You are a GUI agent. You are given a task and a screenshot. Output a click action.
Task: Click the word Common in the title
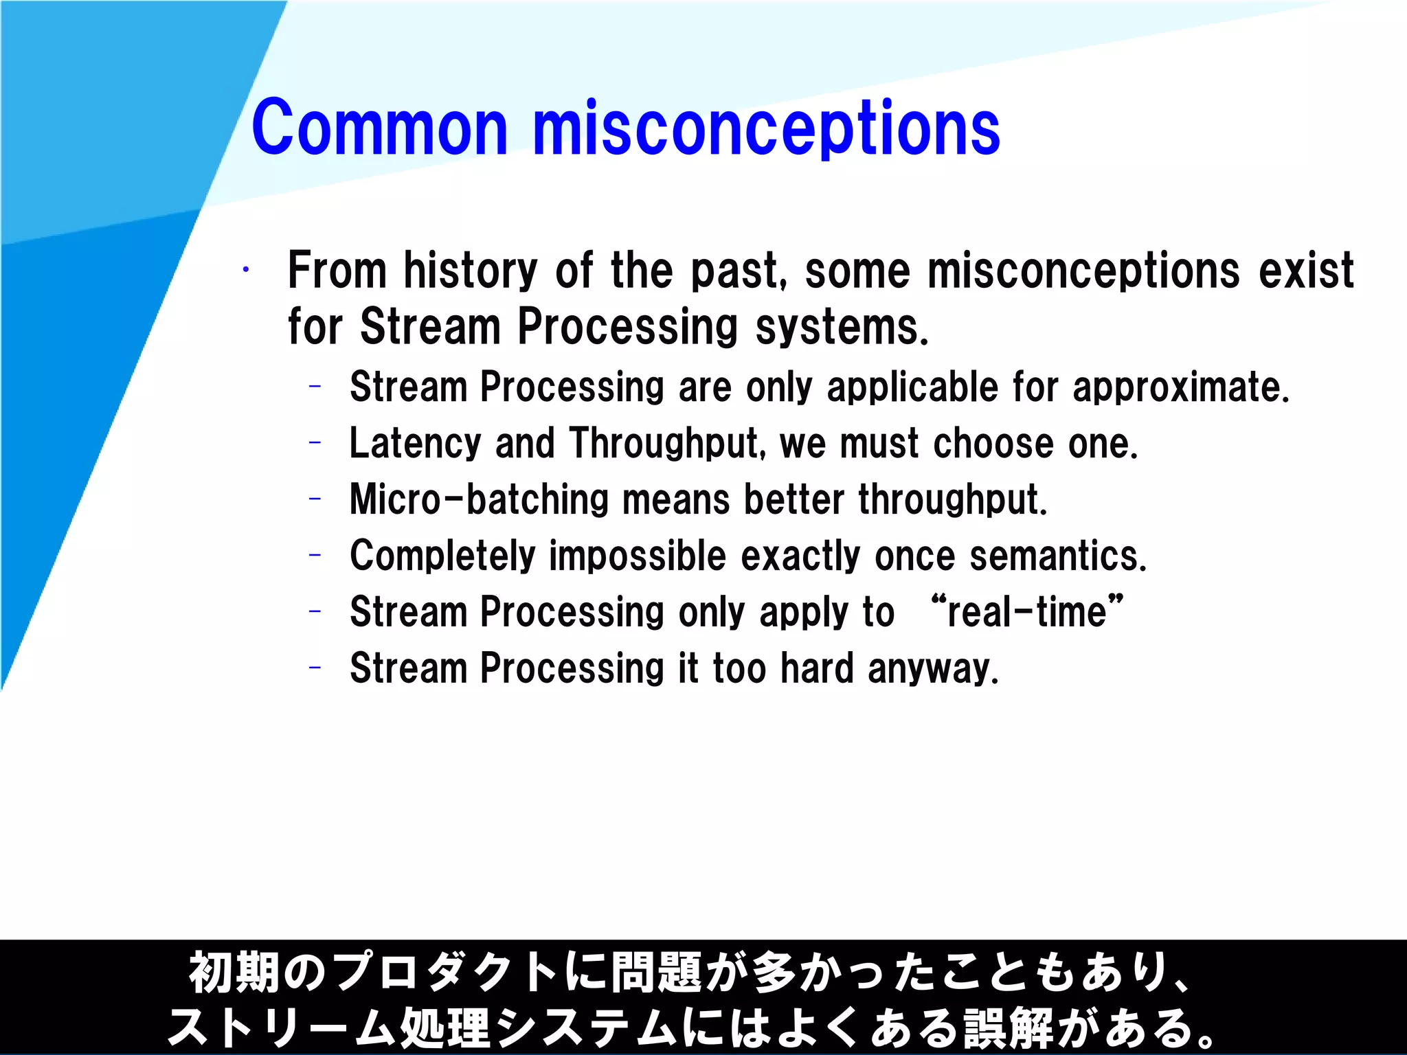pyautogui.click(x=379, y=128)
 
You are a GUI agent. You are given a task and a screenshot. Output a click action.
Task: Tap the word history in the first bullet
pyautogui.click(x=470, y=271)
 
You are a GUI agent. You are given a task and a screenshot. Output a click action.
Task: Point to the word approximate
pyautogui.click(x=1180, y=388)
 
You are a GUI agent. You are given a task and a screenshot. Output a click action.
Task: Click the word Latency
pyautogui.click(x=415, y=444)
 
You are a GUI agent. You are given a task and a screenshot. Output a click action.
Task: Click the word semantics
pyautogui.click(x=1057, y=556)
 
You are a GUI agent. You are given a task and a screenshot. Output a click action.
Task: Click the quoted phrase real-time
pyautogui.click(x=1027, y=611)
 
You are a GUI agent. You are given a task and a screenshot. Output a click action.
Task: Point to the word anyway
pyautogui.click(x=932, y=668)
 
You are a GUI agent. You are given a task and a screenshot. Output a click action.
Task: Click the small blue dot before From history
pyautogui.click(x=245, y=270)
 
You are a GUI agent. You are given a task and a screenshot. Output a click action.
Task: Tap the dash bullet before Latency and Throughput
pyautogui.click(x=315, y=443)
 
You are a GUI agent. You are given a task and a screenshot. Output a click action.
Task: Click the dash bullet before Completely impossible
pyautogui.click(x=315, y=555)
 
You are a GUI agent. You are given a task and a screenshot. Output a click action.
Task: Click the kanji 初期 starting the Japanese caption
pyautogui.click(x=234, y=973)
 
